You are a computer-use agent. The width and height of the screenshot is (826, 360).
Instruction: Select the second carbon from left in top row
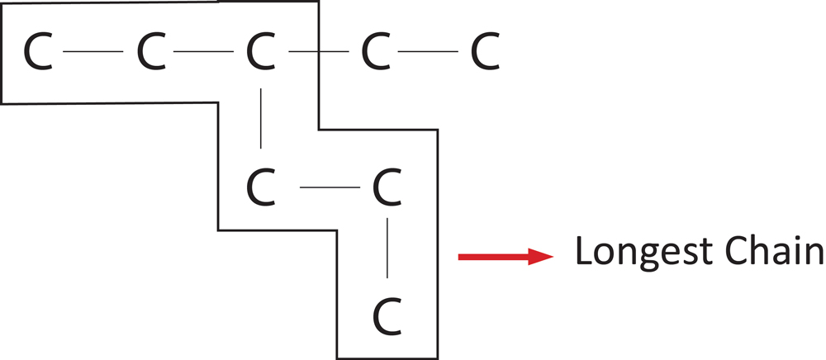point(150,52)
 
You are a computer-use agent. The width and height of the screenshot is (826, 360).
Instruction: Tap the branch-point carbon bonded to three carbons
point(260,52)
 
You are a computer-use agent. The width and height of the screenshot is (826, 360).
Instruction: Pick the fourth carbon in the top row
point(376,52)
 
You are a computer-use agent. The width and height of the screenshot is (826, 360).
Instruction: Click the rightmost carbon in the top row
point(486,52)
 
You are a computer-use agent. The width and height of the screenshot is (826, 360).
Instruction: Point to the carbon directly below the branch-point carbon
point(260,189)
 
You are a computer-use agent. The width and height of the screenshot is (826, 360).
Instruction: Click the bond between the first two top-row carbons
point(93,52)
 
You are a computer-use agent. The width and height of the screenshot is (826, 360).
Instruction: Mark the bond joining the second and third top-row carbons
point(204,52)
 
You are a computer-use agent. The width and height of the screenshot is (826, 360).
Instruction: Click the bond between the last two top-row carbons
point(430,52)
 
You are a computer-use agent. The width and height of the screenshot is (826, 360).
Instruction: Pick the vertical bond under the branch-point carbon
point(261,119)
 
